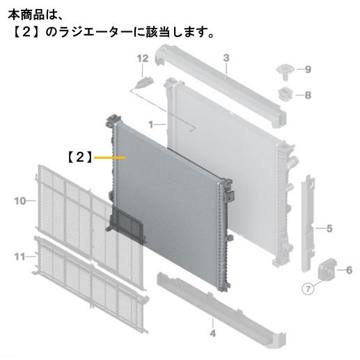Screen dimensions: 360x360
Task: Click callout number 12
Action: pyautogui.click(x=143, y=58)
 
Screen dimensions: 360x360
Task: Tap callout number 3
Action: pyautogui.click(x=226, y=58)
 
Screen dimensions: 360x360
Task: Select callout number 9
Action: pyautogui.click(x=308, y=69)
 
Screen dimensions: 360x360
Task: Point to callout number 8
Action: pyautogui.click(x=308, y=95)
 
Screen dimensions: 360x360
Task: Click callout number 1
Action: pyautogui.click(x=151, y=125)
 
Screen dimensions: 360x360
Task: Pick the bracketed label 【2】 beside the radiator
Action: pyautogui.click(x=80, y=157)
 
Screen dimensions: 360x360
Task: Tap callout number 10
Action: pyautogui.click(x=19, y=201)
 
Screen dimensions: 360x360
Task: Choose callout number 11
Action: pyautogui.click(x=19, y=257)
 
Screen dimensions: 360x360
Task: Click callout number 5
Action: pyautogui.click(x=329, y=228)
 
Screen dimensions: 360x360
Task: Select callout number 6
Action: pyautogui.click(x=349, y=270)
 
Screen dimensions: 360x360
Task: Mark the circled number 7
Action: pyautogui.click(x=308, y=289)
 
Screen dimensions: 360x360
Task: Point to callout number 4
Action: pyautogui.click(x=213, y=334)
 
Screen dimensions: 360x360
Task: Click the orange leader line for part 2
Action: pyautogui.click(x=110, y=157)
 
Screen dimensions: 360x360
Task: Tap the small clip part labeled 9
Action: pyautogui.click(x=285, y=72)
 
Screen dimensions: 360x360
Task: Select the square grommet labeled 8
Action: pyautogui.click(x=285, y=94)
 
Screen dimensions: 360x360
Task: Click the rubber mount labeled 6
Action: pyautogui.click(x=327, y=269)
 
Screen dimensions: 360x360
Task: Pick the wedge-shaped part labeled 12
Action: pyautogui.click(x=144, y=82)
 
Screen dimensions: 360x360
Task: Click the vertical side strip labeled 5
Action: pyautogui.click(x=308, y=224)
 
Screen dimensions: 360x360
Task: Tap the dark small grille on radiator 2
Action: pyautogui.click(x=127, y=224)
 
